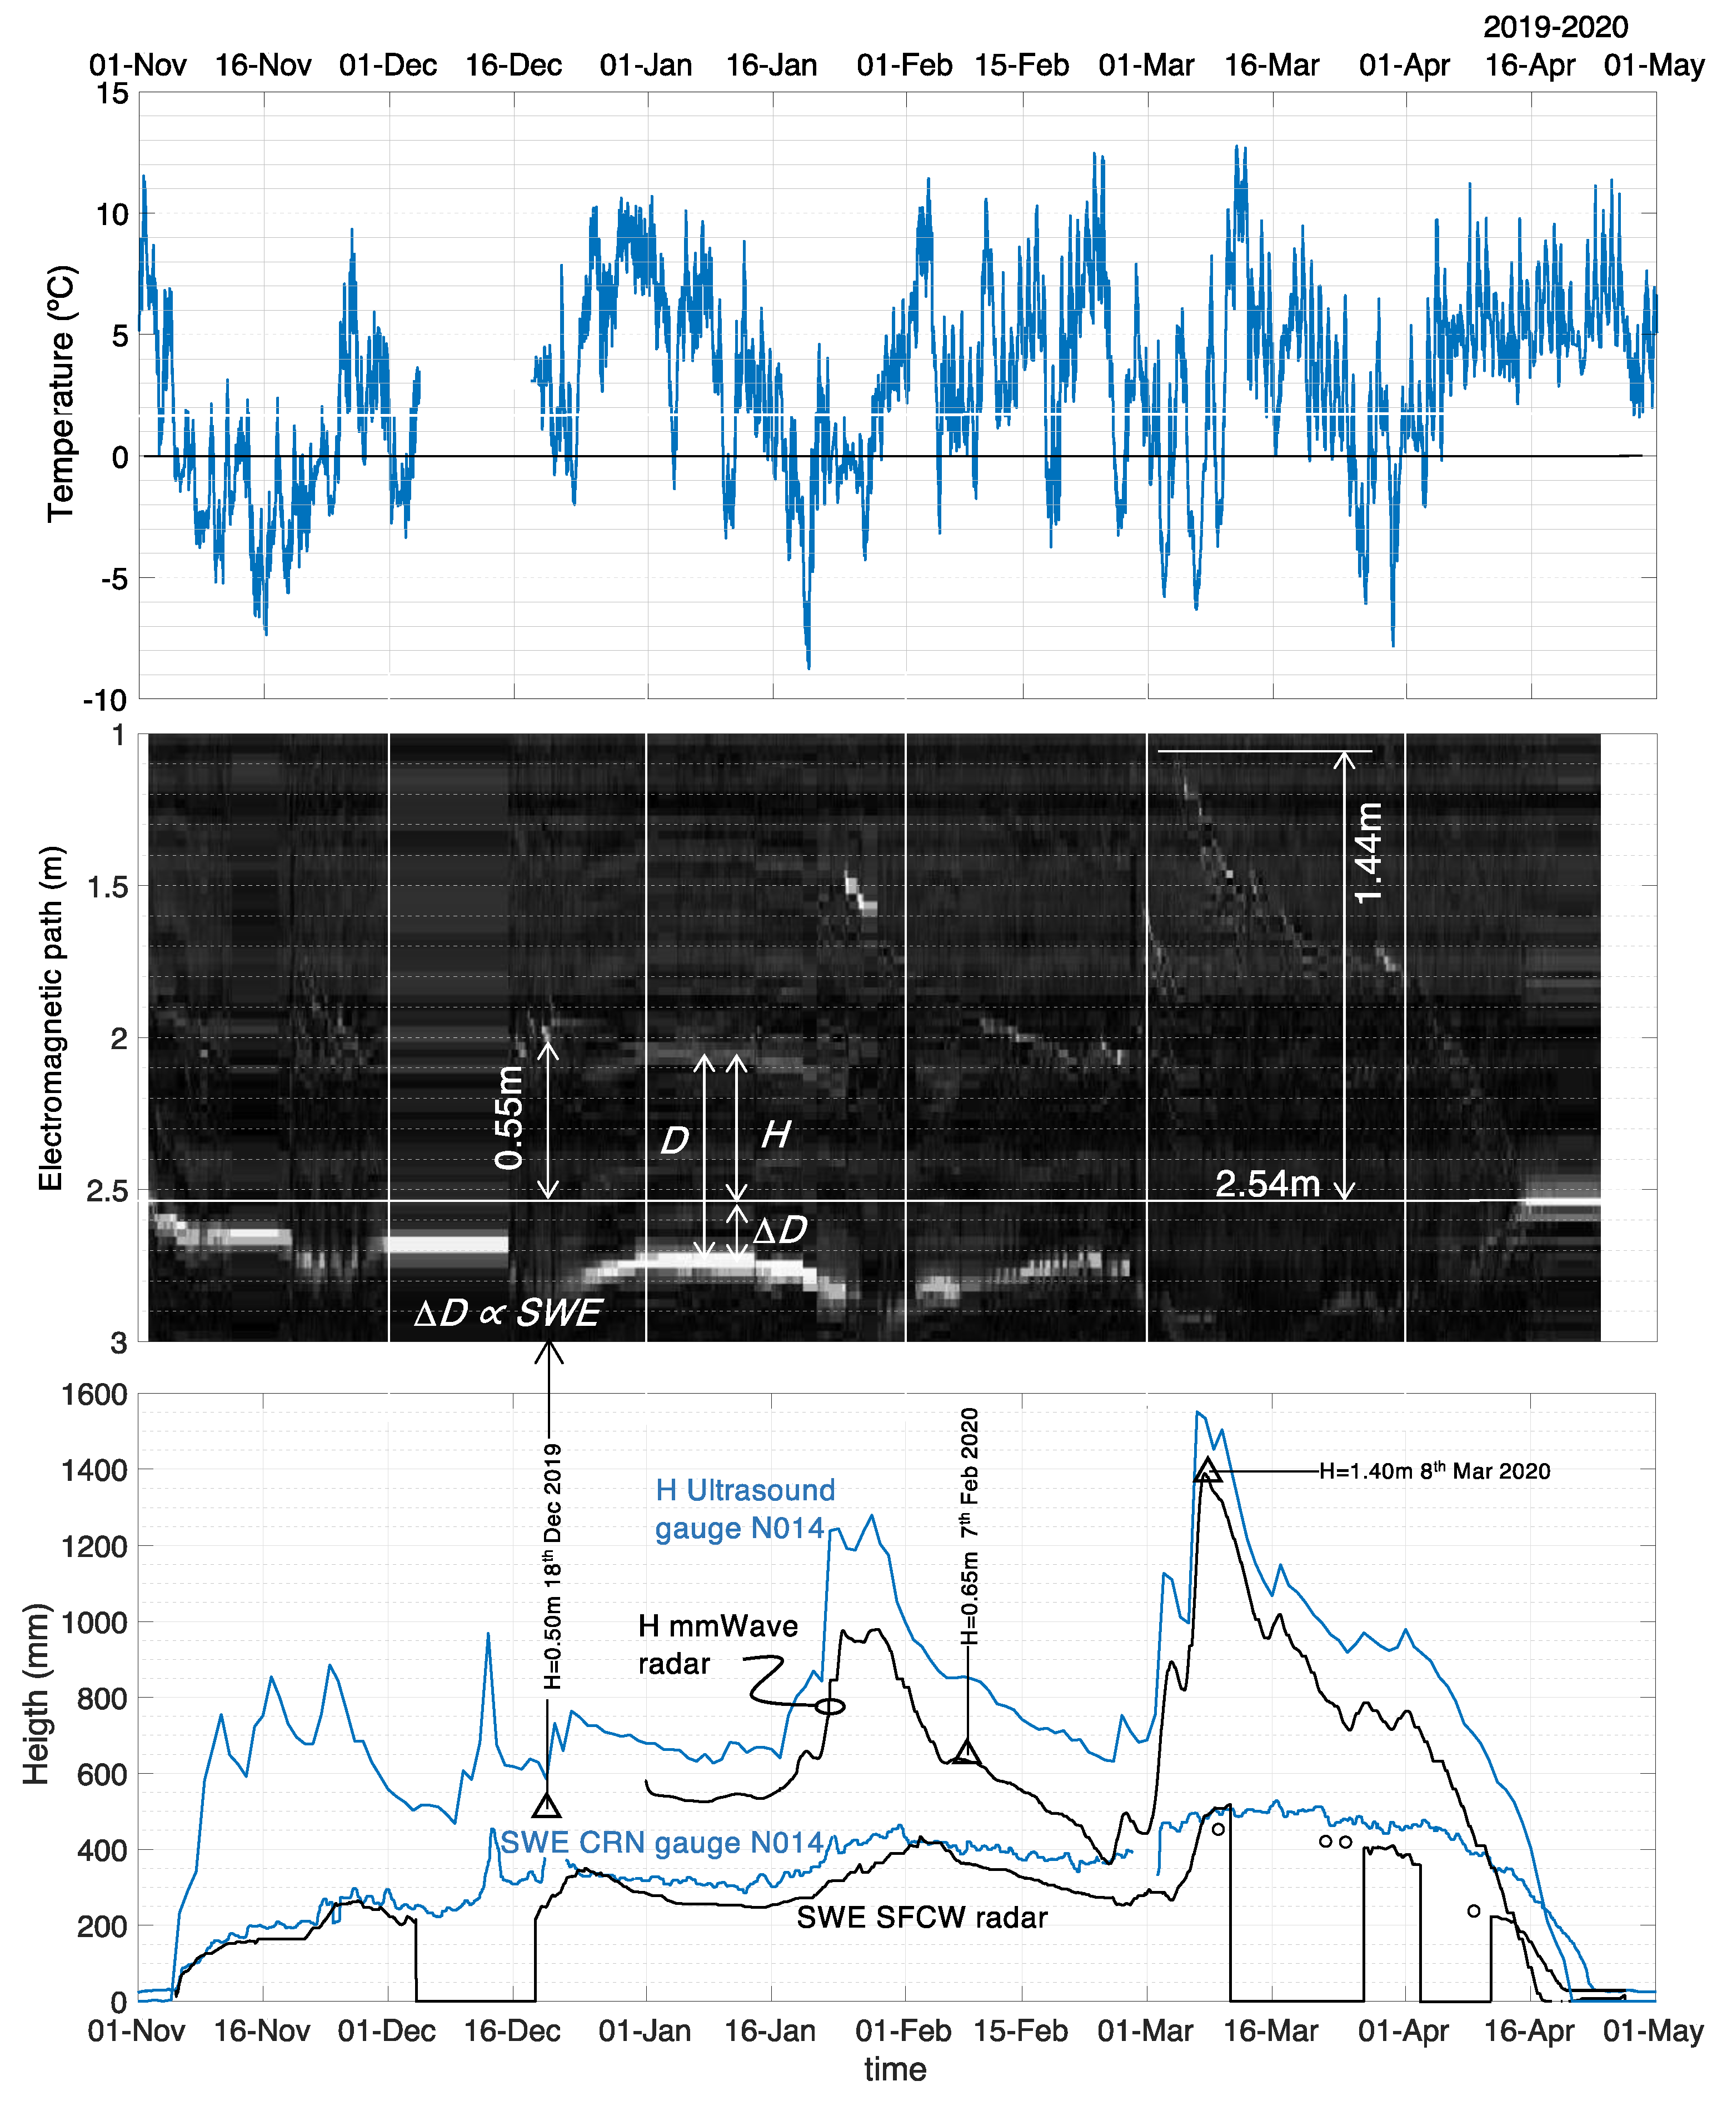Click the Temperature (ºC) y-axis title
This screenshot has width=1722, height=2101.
pos(62,393)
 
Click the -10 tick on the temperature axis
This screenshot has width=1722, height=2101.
pos(105,700)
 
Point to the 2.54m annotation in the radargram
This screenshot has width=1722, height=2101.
pos(1267,1184)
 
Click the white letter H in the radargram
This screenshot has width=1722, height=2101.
pos(775,1134)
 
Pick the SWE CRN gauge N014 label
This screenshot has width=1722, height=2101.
pos(662,1842)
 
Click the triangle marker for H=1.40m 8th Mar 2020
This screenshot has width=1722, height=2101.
pos(1206,1471)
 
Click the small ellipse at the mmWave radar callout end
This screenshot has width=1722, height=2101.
pos(829,1706)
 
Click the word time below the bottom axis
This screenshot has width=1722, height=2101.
pos(895,2069)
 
